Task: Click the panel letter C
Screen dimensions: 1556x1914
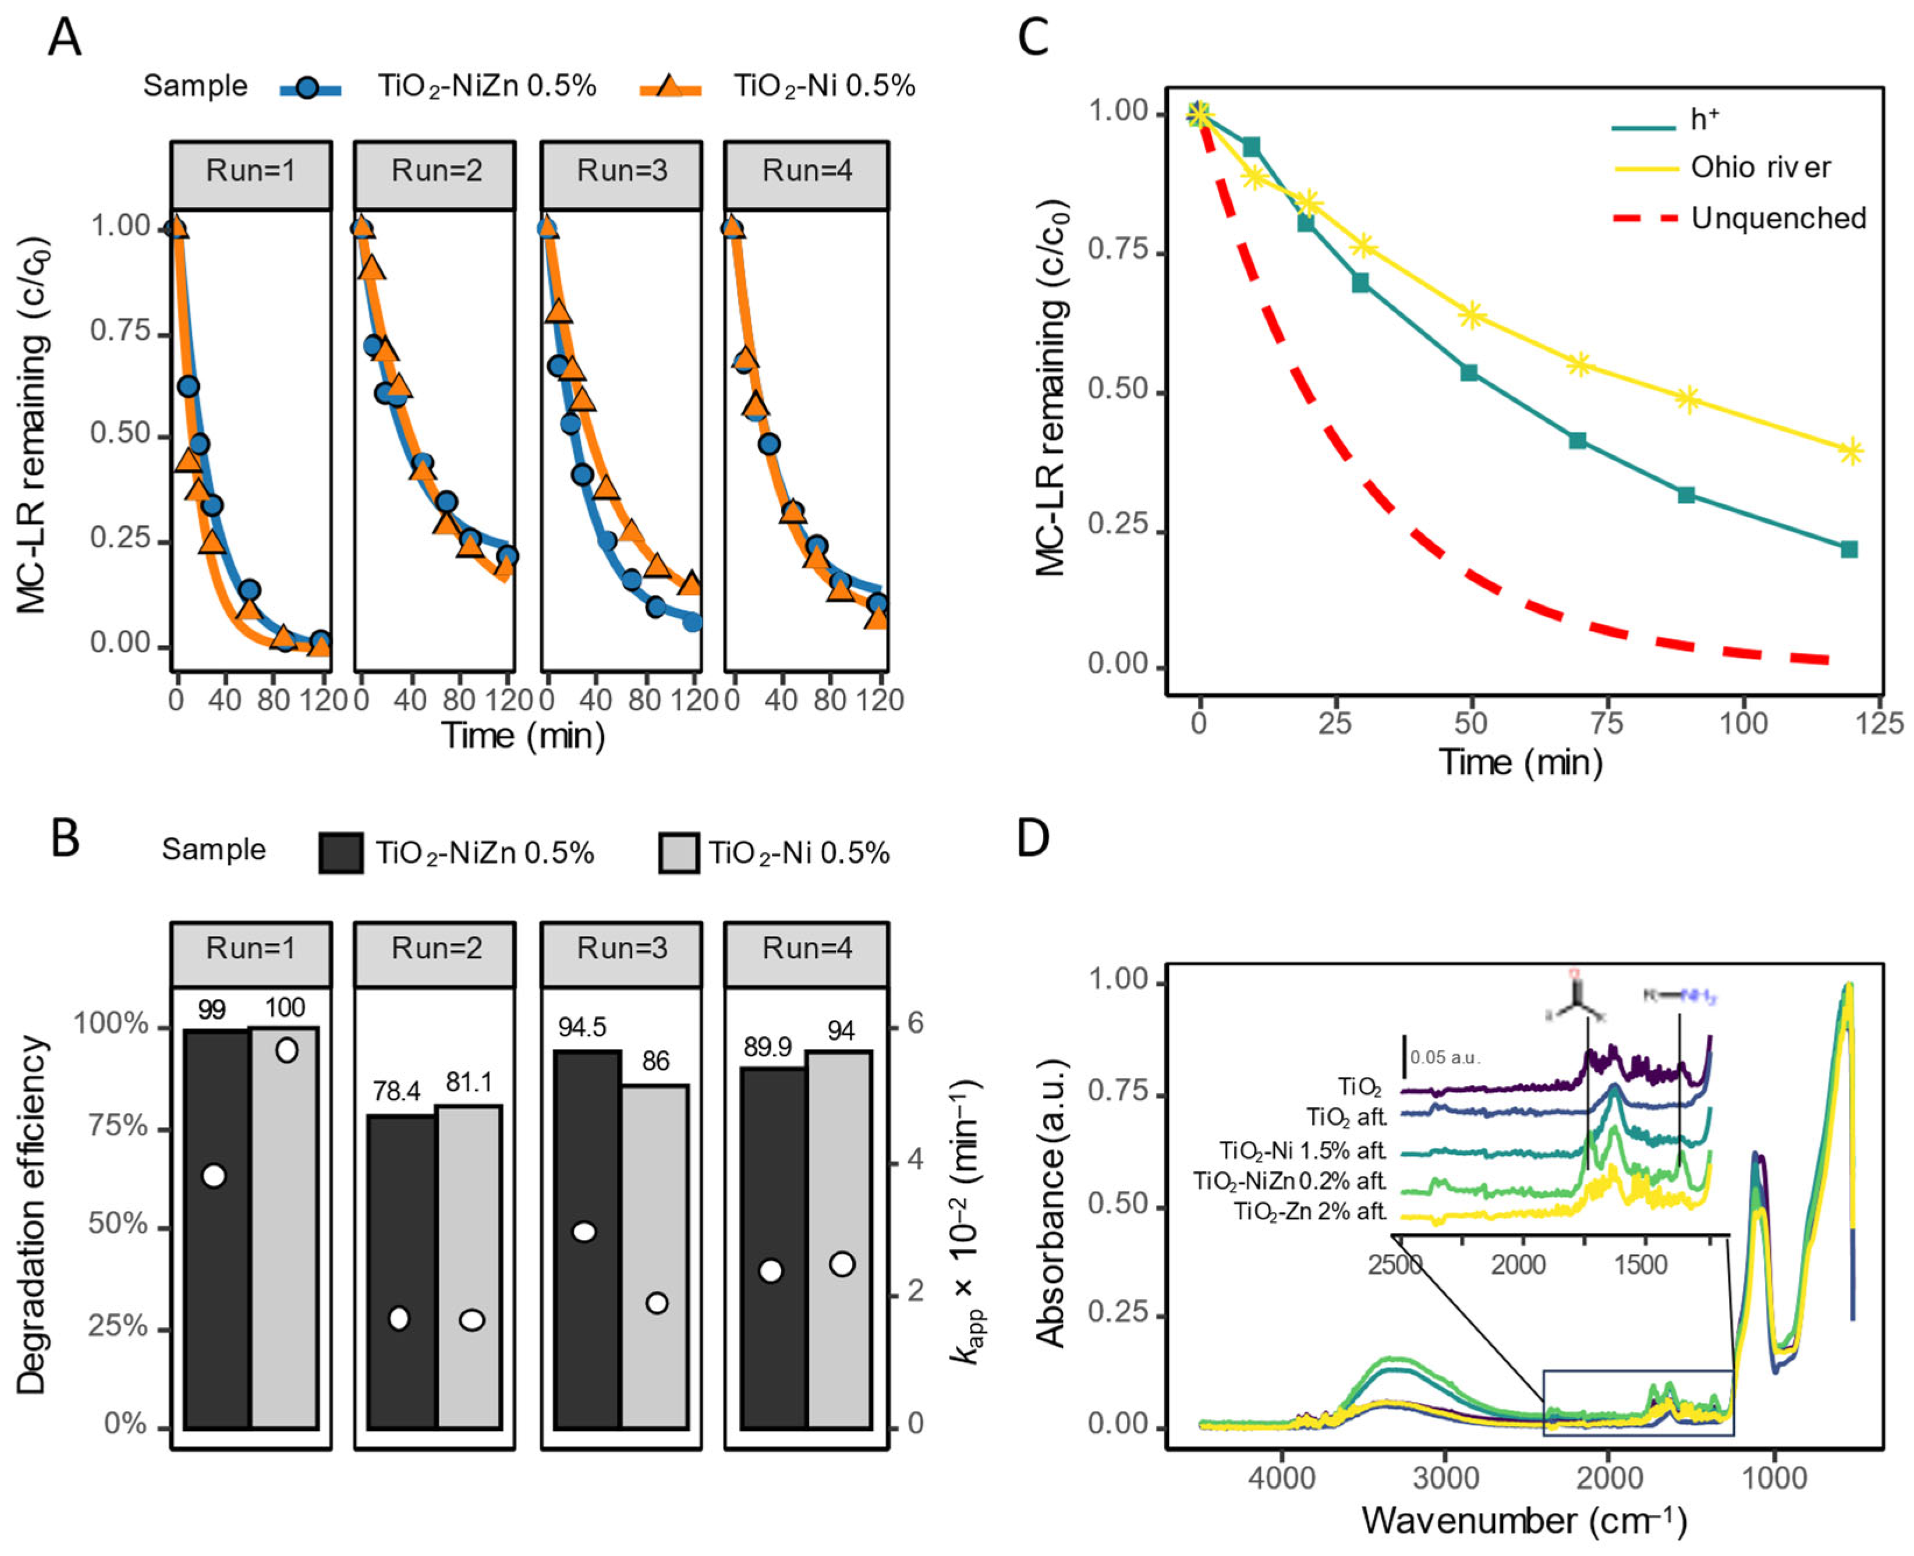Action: [x=1033, y=38]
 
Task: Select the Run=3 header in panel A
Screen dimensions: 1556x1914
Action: [x=621, y=171]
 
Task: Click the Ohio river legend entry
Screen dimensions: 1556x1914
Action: [x=1759, y=168]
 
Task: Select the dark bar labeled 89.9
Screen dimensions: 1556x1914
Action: [x=774, y=1246]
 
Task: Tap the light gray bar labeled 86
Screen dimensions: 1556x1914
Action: [x=655, y=1255]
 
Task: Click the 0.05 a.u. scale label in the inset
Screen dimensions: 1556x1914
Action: [x=1444, y=1058]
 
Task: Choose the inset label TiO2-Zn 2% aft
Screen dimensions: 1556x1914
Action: [x=1310, y=1212]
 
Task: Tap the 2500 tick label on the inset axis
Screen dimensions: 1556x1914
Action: [x=1394, y=1265]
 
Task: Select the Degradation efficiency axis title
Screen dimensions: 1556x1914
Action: [x=31, y=1214]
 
